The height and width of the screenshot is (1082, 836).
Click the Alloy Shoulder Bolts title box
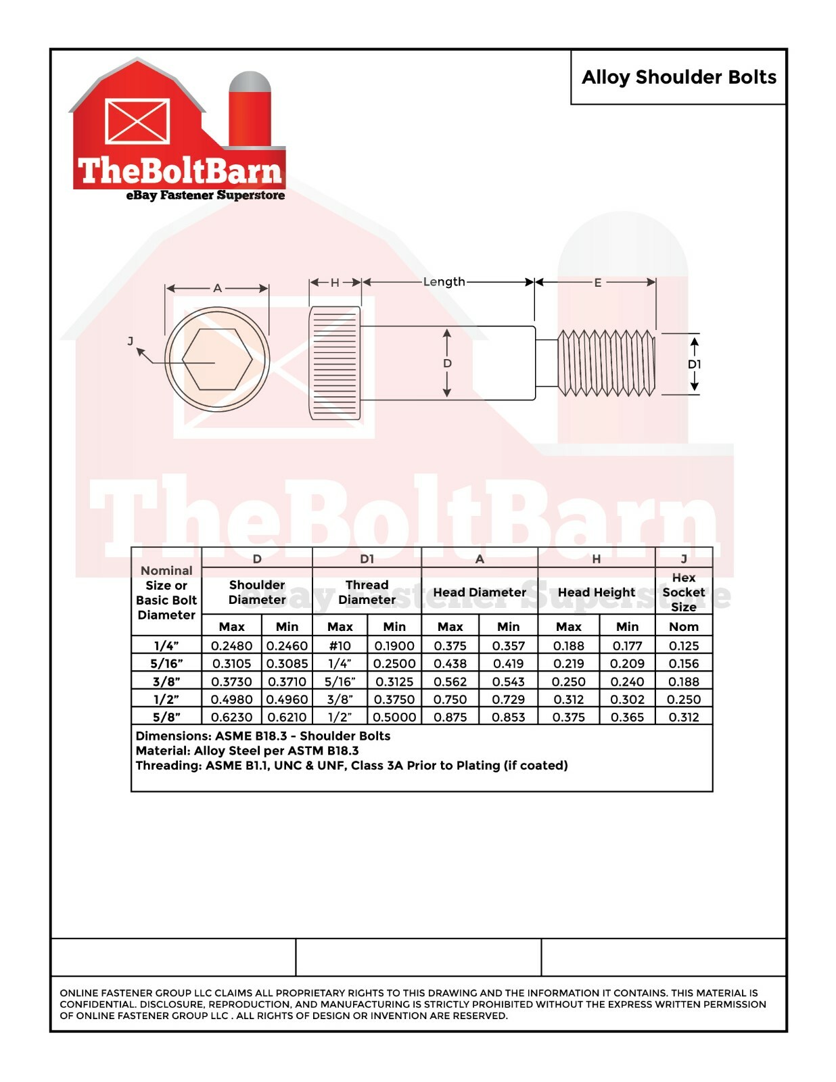tap(678, 77)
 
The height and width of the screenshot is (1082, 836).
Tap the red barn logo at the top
tap(177, 129)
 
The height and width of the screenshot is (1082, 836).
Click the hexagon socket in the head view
tap(217, 359)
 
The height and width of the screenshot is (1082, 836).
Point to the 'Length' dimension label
tap(444, 282)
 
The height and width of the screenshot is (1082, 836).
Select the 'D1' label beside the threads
tap(694, 364)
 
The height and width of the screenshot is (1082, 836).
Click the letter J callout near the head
tap(131, 341)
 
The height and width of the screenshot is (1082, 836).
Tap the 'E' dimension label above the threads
tap(597, 283)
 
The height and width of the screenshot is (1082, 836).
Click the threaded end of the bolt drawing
tap(606, 363)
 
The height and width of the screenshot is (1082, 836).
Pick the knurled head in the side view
tap(335, 363)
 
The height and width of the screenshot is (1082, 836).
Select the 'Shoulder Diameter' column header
tap(257, 592)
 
